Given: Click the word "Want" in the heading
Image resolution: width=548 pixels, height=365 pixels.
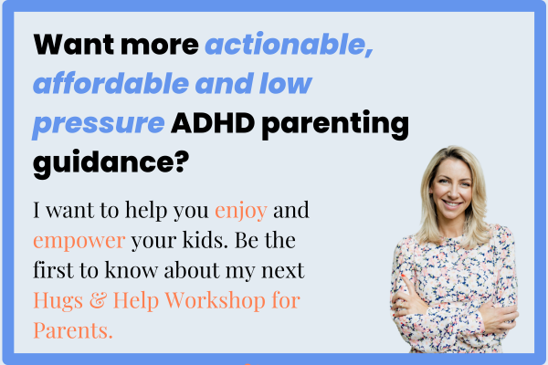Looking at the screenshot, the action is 73,45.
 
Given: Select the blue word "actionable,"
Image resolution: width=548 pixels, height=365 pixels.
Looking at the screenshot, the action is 290,45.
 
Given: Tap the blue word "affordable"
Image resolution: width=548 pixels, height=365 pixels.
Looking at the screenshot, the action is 111,83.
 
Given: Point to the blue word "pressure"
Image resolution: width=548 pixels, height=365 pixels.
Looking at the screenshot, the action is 99,124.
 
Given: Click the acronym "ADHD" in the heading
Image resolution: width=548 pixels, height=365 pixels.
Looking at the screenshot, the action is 213,123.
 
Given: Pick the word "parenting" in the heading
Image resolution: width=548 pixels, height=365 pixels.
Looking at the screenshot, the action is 335,124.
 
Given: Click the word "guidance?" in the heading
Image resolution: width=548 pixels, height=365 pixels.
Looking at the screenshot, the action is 111,163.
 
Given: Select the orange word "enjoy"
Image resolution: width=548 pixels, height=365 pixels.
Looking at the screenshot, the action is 241,211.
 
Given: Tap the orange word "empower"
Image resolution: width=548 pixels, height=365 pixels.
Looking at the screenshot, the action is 79,241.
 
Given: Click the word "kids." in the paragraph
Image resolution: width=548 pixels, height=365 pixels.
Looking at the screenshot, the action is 205,240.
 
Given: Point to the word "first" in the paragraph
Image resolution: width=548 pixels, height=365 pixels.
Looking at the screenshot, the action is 54,270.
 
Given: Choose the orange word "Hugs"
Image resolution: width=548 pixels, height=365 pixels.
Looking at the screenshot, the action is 58,301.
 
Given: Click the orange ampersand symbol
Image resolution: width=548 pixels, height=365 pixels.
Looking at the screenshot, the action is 98,300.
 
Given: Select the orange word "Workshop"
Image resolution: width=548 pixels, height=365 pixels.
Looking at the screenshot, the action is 216,301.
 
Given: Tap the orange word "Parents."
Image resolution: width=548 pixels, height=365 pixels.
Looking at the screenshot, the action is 73,330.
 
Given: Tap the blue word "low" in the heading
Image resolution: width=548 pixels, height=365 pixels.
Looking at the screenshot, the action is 286,83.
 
